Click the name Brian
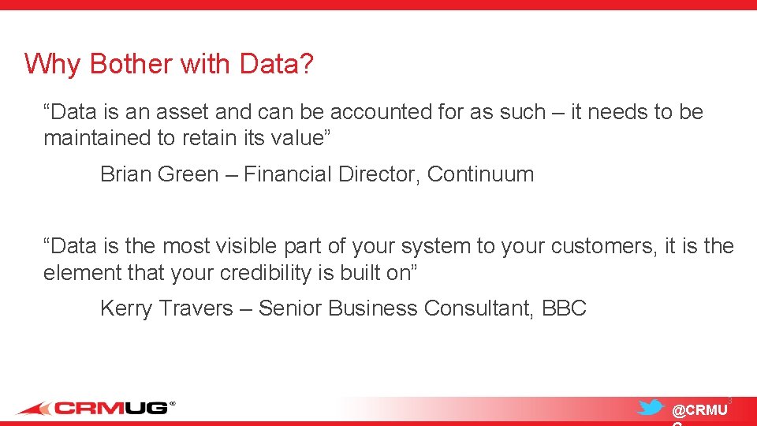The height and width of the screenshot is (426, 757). (126, 174)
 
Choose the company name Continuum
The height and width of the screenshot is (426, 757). (480, 174)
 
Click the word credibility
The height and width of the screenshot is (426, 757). (261, 273)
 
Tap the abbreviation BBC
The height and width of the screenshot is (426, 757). (565, 308)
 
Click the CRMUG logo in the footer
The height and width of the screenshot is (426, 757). (95, 408)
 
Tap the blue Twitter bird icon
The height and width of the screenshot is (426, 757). (651, 407)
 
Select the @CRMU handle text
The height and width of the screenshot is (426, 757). (699, 410)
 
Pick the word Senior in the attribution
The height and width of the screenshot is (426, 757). (290, 308)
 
